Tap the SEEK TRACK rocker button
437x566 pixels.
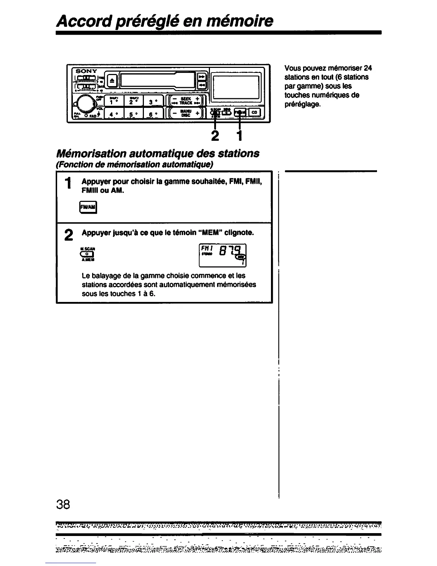point(185,101)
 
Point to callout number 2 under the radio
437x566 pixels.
point(215,136)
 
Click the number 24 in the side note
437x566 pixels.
point(368,68)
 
